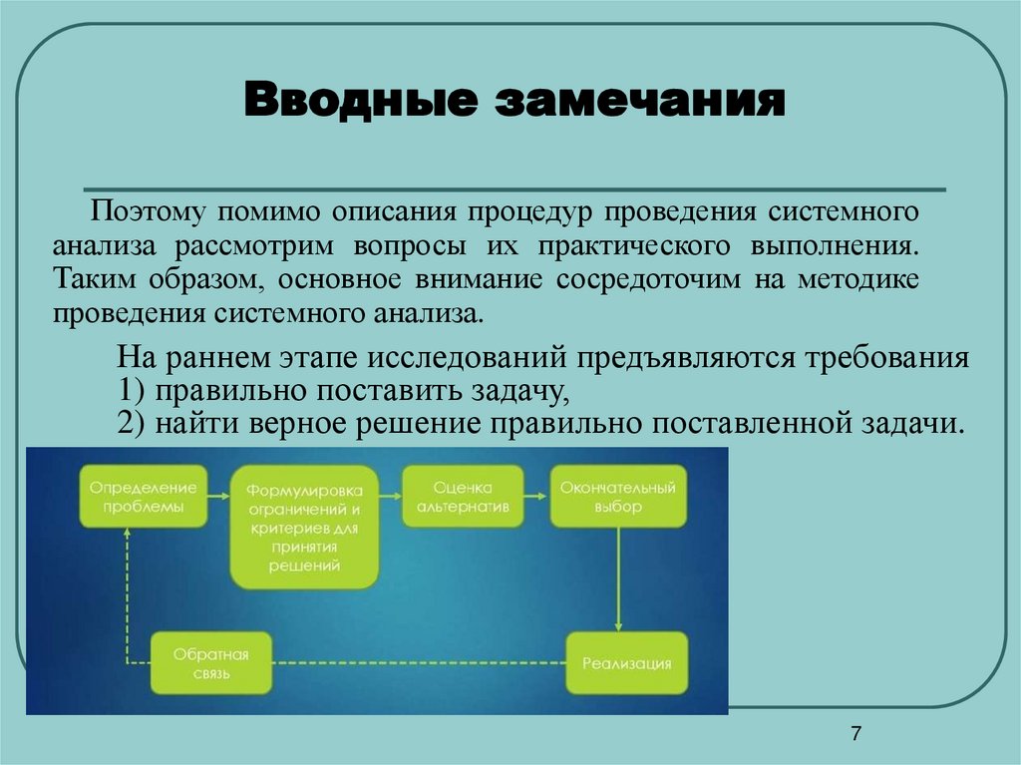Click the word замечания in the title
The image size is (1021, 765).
(630, 104)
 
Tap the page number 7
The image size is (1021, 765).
(855, 734)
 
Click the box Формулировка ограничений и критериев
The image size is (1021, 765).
(305, 528)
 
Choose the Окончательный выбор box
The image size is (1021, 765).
(618, 497)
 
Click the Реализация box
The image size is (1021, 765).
(627, 663)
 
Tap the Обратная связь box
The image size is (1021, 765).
(210, 663)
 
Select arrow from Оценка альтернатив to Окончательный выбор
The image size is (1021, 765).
(534, 497)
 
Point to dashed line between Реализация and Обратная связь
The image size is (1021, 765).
(419, 663)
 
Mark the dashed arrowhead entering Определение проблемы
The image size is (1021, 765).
(128, 534)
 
